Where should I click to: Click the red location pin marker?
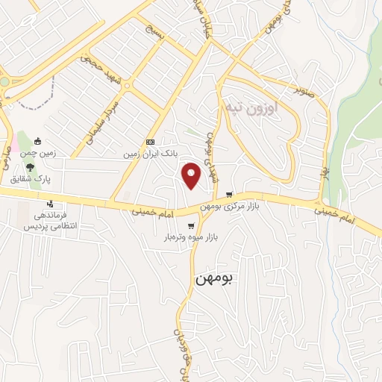click(192, 175)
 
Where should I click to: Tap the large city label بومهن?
click(213, 278)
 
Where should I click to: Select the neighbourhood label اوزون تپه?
click(251, 109)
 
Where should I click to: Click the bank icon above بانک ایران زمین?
click(151, 142)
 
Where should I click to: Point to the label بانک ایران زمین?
click(151, 154)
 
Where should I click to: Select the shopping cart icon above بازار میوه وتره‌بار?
click(191, 226)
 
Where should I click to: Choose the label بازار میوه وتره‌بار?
click(190, 237)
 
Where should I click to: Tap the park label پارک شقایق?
click(25, 178)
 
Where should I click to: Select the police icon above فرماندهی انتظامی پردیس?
click(50, 204)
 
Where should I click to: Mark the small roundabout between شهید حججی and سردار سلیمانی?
click(126, 87)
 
